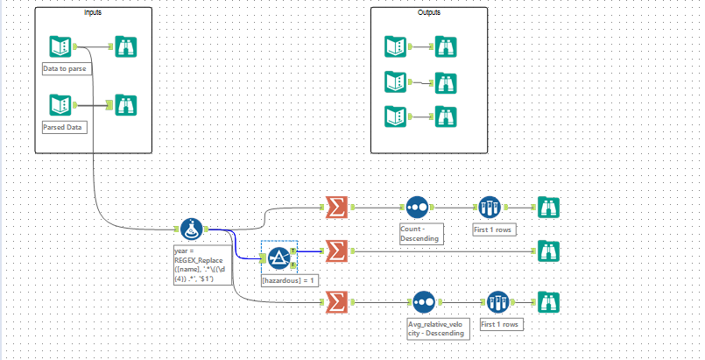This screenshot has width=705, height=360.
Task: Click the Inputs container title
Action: [93, 13]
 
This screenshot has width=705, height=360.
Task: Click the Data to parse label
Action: [63, 67]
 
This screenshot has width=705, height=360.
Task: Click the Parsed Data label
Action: [61, 127]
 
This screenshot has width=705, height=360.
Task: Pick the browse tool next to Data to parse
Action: [125, 46]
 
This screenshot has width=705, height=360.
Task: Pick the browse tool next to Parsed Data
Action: [125, 105]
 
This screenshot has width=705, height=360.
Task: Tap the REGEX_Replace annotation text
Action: [202, 265]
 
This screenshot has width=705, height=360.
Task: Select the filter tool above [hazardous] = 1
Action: [279, 256]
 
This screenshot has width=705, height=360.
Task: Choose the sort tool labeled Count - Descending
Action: [417, 207]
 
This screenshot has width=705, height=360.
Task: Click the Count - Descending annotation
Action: [418, 232]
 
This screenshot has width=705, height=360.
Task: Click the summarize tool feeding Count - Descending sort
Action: [335, 207]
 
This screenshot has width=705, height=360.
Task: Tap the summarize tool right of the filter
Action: [335, 251]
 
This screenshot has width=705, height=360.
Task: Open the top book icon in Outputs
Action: [395, 46]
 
